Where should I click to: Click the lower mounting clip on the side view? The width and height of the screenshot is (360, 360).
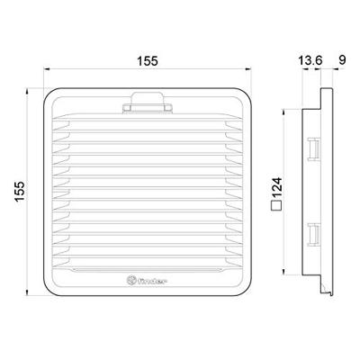[315, 233]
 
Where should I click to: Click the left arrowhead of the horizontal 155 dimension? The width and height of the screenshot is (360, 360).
[44, 72]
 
